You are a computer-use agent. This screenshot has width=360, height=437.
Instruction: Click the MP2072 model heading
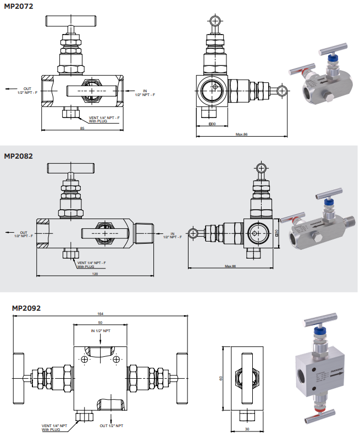coord(18,7)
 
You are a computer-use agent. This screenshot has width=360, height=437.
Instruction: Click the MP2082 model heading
coord(18,156)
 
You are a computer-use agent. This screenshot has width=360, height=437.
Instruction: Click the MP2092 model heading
coord(26,308)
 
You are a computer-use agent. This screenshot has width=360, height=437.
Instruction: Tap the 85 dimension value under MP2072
coord(82,129)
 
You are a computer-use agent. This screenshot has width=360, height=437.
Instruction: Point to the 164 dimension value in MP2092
coord(100,313)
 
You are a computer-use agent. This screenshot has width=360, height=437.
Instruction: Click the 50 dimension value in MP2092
coord(100,322)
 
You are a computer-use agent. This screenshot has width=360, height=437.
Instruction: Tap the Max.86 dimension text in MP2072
coord(242,134)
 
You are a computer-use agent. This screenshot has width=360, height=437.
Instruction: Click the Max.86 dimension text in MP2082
coord(230,266)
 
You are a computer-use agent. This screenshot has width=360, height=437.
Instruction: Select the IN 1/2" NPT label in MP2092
coord(101,331)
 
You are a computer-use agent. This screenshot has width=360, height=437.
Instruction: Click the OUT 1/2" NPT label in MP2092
coord(111,425)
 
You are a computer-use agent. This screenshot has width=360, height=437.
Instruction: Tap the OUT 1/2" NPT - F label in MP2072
coord(27,91)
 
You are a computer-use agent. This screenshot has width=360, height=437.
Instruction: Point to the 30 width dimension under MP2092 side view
coord(247,429)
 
